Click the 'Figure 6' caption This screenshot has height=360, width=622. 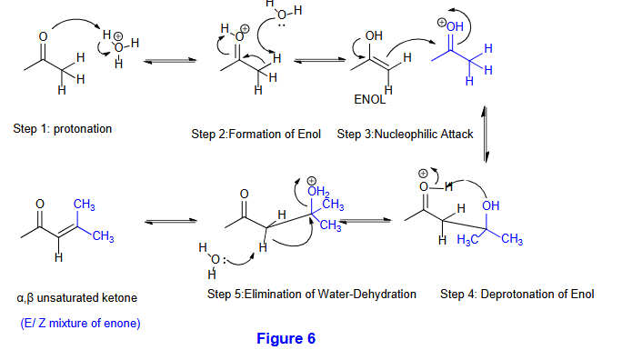tap(286, 338)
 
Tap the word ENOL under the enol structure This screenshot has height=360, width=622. tap(369, 99)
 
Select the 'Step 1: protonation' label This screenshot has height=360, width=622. tap(62, 128)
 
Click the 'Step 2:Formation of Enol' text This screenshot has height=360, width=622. tap(256, 134)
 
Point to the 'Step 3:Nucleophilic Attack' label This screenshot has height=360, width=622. tap(405, 134)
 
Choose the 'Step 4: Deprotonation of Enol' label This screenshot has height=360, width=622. tap(517, 295)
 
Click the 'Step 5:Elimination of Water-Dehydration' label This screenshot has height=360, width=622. tap(311, 295)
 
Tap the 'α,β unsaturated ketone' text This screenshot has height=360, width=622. tap(77, 298)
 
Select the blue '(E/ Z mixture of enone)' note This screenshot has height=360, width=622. tap(80, 323)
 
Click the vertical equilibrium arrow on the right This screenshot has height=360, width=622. tap(486, 135)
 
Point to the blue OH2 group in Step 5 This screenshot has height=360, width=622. tap(318, 192)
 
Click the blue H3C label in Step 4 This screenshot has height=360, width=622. tap(466, 239)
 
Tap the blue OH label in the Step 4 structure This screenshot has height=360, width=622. tap(491, 205)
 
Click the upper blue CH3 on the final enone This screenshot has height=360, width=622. tap(84, 205)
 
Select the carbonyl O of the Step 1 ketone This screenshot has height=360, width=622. tap(43, 37)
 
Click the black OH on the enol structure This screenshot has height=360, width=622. tap(374, 35)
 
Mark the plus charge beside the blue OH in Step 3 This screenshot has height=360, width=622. tap(442, 23)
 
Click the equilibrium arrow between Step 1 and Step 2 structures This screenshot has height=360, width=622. tap(170, 61)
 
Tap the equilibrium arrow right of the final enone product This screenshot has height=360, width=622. tap(171, 221)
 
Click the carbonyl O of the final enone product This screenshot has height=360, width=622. tap(40, 204)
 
